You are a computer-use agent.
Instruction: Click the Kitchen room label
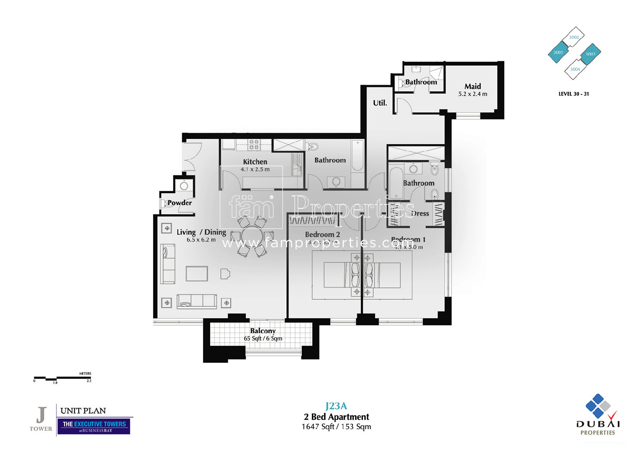coord(255,162)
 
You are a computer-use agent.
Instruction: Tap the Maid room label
coord(473,86)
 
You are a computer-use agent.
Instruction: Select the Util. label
coord(380,103)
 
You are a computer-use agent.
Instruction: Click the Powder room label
coord(179,203)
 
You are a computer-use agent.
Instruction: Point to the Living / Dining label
coord(201,232)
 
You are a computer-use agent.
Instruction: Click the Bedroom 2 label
coord(322,235)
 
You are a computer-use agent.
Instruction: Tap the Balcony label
coord(263,331)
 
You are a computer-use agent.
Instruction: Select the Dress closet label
coord(420,213)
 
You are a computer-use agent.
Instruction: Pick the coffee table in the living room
coord(197,274)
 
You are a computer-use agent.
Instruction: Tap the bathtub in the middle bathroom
coord(357,156)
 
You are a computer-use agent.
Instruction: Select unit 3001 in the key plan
coord(558,52)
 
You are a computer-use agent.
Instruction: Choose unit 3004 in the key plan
coord(575,70)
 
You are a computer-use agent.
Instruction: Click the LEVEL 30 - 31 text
coord(573,94)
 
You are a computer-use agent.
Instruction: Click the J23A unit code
coord(336,406)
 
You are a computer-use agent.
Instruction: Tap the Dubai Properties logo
coord(598,415)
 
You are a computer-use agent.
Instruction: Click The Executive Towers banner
coord(94,426)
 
